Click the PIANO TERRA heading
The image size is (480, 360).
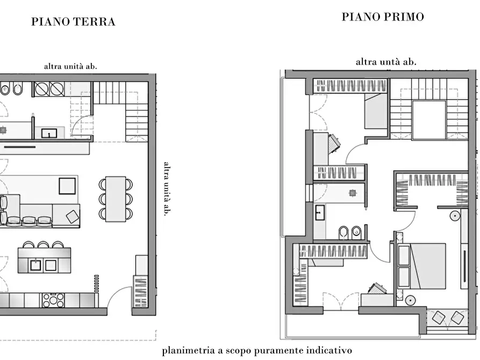click(73, 22)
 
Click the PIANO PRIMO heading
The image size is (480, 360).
click(383, 17)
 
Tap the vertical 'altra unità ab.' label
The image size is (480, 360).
click(166, 189)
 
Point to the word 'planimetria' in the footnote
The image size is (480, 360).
click(189, 350)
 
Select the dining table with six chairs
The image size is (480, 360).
click(116, 199)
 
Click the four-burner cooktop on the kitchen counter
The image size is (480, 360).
click(53, 300)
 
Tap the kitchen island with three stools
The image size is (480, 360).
click(44, 260)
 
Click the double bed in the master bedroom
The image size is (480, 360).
click(422, 265)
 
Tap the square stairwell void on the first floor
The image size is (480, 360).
click(428, 119)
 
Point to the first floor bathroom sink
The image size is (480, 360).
click(319, 213)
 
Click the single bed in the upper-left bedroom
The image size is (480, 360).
click(376, 111)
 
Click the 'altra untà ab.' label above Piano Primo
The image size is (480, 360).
click(386, 62)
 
